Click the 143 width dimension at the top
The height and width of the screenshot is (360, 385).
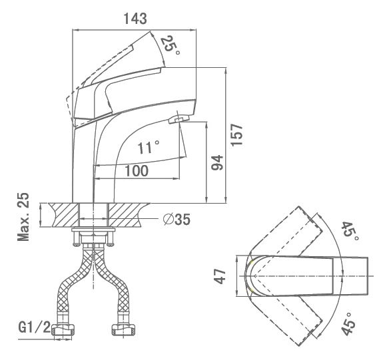coord(135,19)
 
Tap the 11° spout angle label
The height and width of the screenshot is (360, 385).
coord(149,147)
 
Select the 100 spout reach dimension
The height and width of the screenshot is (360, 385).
coord(137,170)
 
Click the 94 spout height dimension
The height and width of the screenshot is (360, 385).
coord(218,162)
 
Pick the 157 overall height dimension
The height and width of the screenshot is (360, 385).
coord(237,135)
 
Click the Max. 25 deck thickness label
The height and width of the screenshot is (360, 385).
coord(23,217)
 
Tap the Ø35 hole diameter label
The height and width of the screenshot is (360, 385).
coord(177,219)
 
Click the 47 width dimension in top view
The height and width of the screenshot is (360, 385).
coord(220,276)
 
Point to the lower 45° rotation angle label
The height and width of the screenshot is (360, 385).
coord(349,323)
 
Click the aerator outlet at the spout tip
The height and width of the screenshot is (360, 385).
coord(179,119)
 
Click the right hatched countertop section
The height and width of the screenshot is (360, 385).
coord(128,215)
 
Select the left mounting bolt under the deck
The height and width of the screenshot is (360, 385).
coord(77,238)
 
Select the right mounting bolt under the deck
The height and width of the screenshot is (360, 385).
coord(111,238)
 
